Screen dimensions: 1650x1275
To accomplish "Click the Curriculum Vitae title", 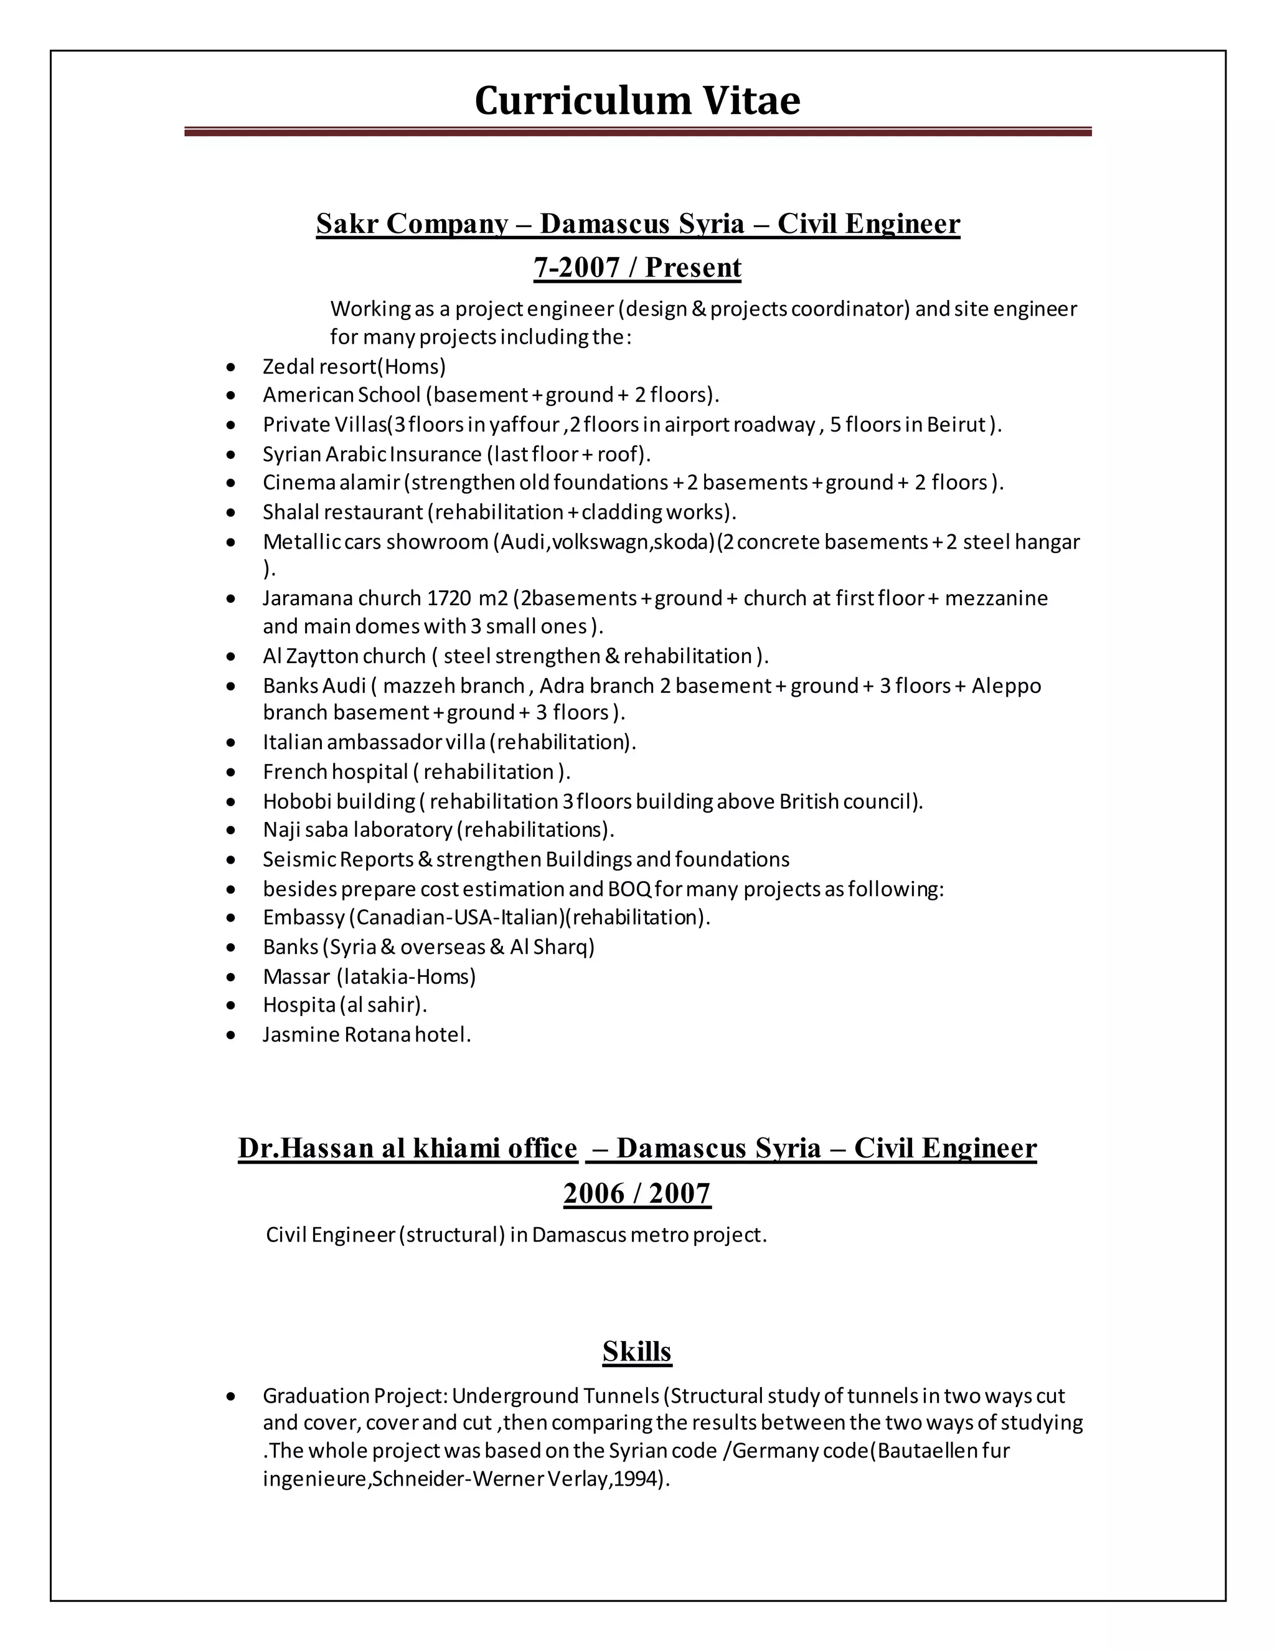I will pos(637,100).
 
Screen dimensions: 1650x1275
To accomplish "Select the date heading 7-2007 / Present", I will pos(637,268).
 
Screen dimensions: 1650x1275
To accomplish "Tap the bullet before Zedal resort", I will pos(231,367).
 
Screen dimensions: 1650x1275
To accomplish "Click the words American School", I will pos(341,395).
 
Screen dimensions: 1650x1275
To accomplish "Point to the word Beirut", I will pos(956,425).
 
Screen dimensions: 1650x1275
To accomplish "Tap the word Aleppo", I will pos(1005,686).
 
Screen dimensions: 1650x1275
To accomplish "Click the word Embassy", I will pos(304,918).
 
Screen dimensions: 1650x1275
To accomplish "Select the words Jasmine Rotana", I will pos(336,1035).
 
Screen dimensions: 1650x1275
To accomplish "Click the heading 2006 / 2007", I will pos(637,1194).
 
